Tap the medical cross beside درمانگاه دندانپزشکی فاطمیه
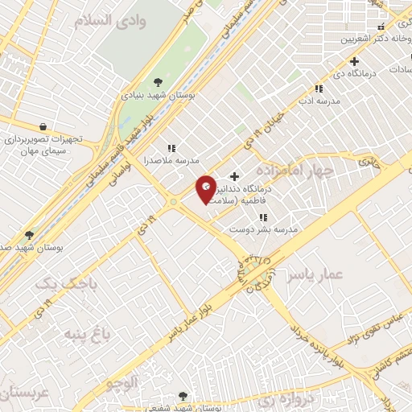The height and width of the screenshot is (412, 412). [x=234, y=176]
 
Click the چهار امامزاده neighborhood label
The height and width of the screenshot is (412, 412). [x=295, y=171]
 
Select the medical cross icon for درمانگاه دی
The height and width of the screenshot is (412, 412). [x=353, y=61]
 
